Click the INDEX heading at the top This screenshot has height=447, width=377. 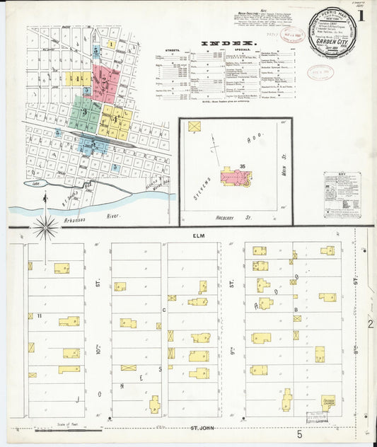pyautogui.click(x=229, y=43)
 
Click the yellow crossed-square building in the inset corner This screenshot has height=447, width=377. pyautogui.click(x=195, y=127)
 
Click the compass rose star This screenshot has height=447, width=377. pyautogui.click(x=46, y=227)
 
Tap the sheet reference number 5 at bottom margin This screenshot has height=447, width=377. pyautogui.click(x=300, y=433)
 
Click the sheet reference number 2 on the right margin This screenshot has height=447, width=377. pyautogui.click(x=369, y=325)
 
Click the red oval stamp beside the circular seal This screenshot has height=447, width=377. pyautogui.click(x=317, y=73)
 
